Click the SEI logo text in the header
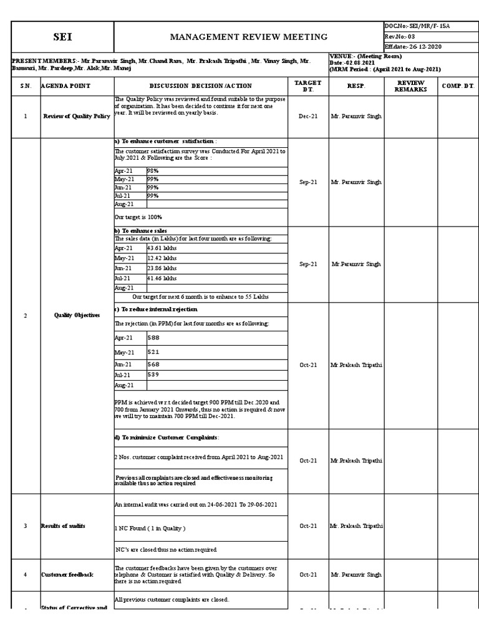[62, 37]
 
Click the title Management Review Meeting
[249, 37]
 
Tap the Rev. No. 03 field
[400, 37]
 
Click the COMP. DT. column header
[458, 86]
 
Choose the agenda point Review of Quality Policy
[76, 116]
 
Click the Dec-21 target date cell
[308, 116]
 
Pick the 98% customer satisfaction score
[153, 171]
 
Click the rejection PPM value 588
[154, 338]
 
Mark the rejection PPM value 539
[154, 375]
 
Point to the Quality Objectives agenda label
[76, 316]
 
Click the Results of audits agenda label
[64, 526]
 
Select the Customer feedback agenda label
[67, 575]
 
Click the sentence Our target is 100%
[138, 217]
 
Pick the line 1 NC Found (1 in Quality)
[150, 529]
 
